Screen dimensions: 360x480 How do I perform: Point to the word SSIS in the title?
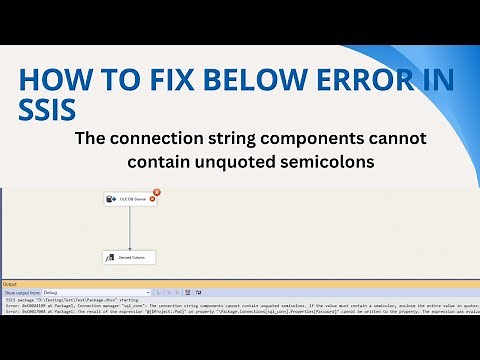coord(46,106)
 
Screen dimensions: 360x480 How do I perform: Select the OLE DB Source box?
coord(128,199)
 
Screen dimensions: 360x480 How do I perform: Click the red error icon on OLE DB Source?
coord(156,191)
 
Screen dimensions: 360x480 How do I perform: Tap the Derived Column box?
coord(129,258)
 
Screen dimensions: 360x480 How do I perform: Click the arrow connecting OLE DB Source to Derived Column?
coord(129,228)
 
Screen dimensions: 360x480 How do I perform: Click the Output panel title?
coord(9,284)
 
